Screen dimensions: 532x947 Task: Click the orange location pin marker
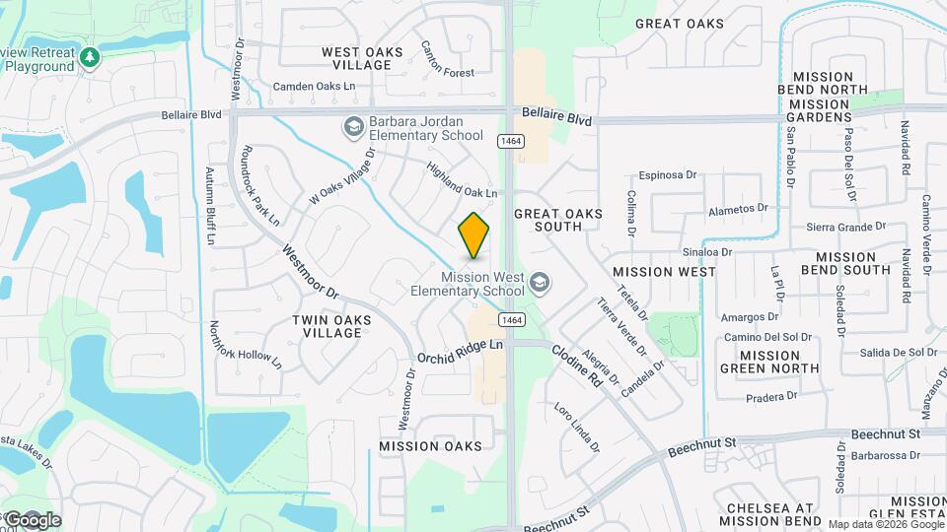[473, 234]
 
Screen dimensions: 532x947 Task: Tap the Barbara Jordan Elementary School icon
[353, 126]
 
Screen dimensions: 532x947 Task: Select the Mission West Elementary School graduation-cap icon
[539, 284]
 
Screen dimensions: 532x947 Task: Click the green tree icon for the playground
[89, 58]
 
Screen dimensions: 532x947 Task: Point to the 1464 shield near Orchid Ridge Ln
[510, 319]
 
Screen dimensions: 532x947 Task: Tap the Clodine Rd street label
[576, 365]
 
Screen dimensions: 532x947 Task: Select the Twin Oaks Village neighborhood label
[327, 326]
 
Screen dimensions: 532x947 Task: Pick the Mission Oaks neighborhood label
[431, 446]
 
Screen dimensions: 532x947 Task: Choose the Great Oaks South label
[547, 220]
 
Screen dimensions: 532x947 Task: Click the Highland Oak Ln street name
[462, 179]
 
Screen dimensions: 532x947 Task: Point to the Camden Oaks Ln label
[314, 87]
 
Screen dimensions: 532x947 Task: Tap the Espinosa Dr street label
[668, 175]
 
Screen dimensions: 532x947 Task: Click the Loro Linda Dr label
[577, 427]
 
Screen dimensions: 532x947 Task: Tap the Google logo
[32, 519]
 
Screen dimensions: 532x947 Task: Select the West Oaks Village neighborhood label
[356, 58]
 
